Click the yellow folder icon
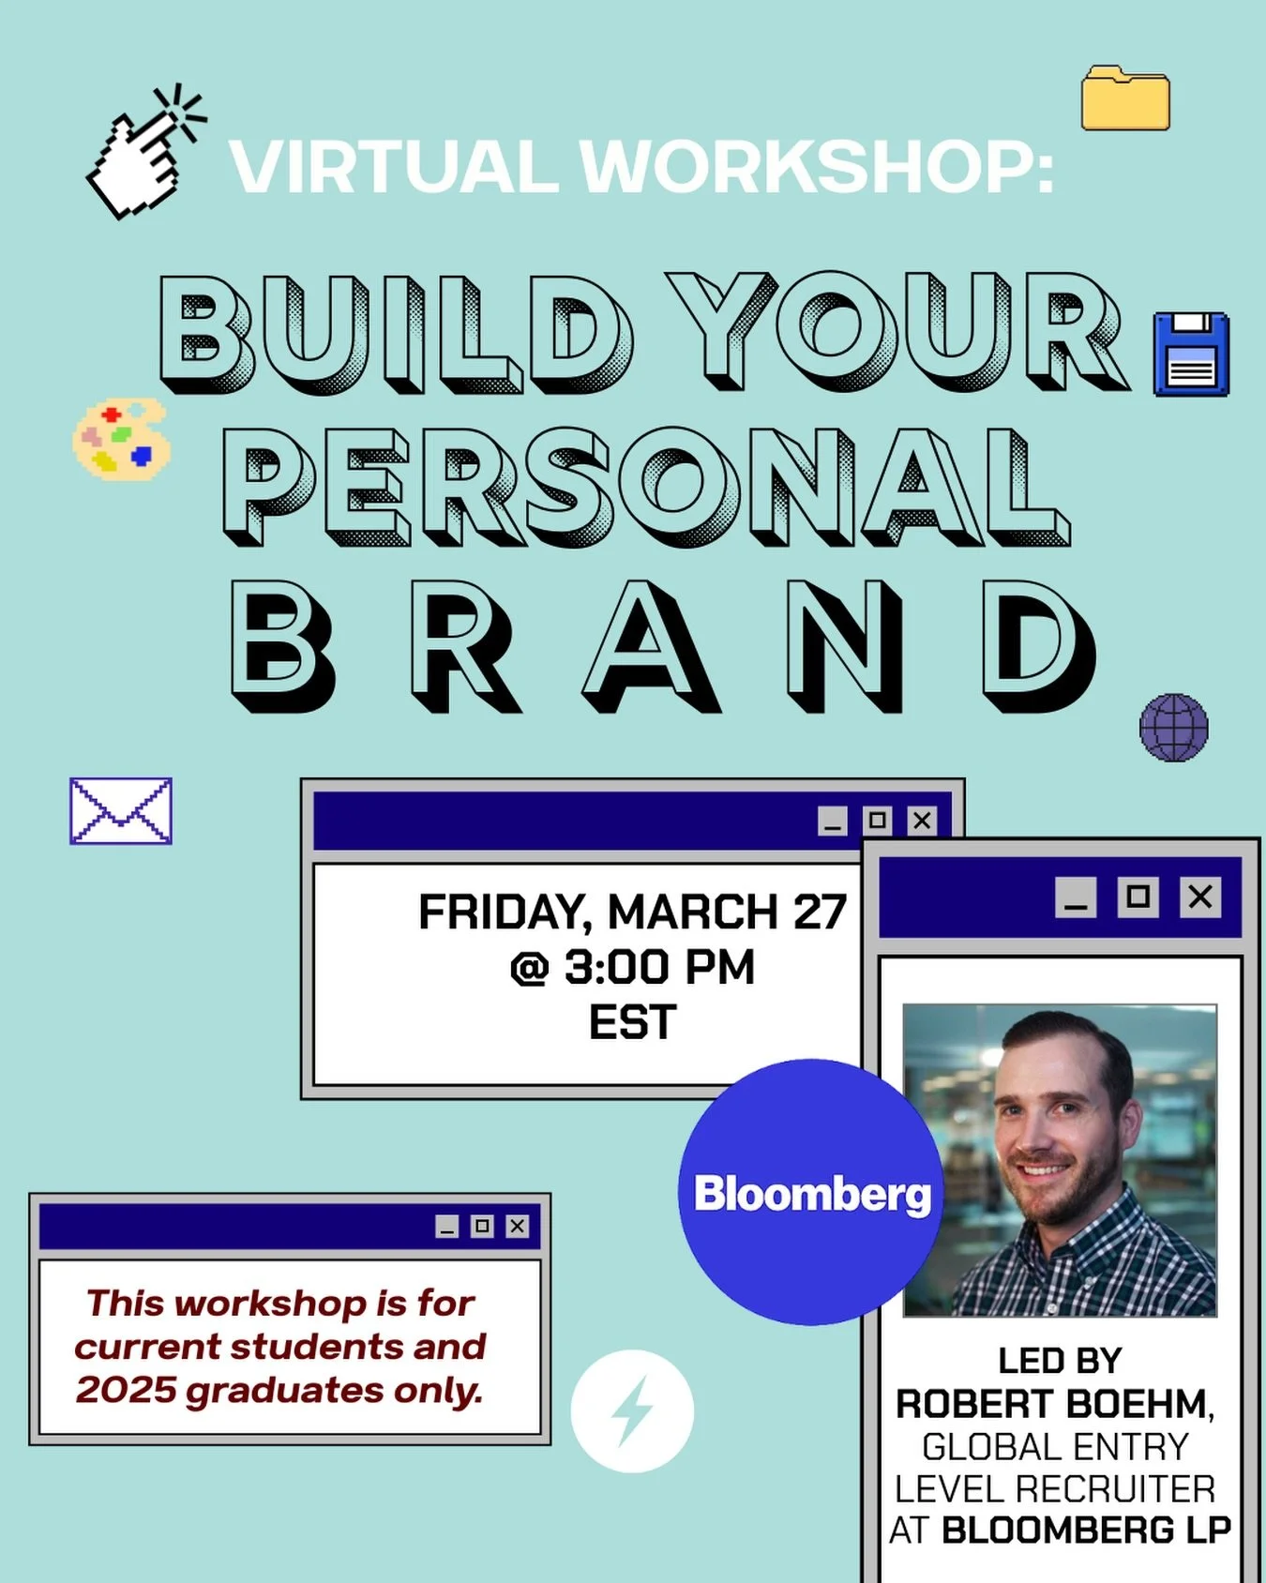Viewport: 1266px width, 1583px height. coord(1125,98)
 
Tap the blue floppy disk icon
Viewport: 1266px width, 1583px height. coord(1191,354)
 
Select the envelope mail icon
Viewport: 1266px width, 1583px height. coord(121,810)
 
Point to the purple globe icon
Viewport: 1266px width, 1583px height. coord(1174,728)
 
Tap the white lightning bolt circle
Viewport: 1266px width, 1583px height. coord(632,1410)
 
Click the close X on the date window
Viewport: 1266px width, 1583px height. coord(923,821)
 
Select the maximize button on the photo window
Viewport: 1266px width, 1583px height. coord(1138,897)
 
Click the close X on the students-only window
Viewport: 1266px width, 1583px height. coord(518,1226)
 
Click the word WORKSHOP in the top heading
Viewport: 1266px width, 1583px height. coord(816,167)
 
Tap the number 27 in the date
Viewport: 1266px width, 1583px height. coord(820,912)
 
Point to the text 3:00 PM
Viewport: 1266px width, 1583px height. coord(658,967)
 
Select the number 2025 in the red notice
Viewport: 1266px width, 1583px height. coord(127,1390)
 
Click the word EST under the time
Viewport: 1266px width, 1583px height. coord(632,1022)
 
